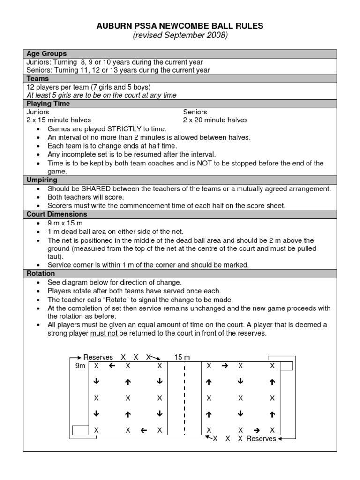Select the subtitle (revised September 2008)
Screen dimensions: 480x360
point(180,36)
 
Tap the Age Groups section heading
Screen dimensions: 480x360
point(46,54)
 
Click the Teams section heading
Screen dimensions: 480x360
point(37,79)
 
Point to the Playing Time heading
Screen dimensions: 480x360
point(48,104)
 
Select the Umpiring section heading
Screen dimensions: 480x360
point(42,180)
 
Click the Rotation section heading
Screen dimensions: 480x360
point(41,273)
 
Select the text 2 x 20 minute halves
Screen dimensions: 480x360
point(215,120)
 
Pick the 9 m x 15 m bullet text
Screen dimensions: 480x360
point(65,223)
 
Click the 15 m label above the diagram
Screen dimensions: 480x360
point(182,357)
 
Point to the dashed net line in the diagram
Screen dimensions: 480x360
point(185,398)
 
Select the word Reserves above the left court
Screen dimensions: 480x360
point(98,357)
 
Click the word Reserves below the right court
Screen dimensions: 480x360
point(261,439)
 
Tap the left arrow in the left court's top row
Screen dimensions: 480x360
point(112,366)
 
